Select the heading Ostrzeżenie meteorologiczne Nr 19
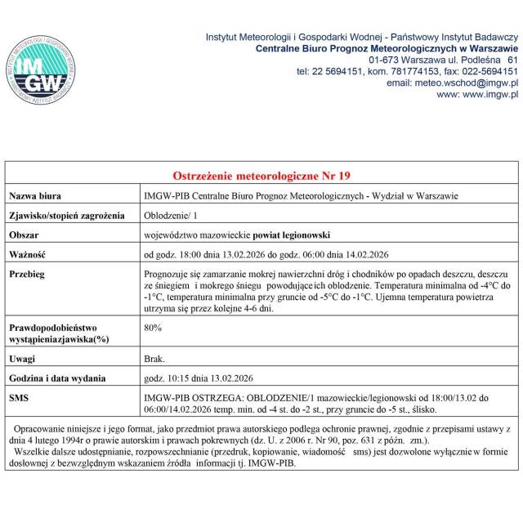(x=261, y=176)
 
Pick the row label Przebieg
(x=28, y=274)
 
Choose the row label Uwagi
(x=23, y=359)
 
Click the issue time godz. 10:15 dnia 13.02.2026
(x=199, y=378)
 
